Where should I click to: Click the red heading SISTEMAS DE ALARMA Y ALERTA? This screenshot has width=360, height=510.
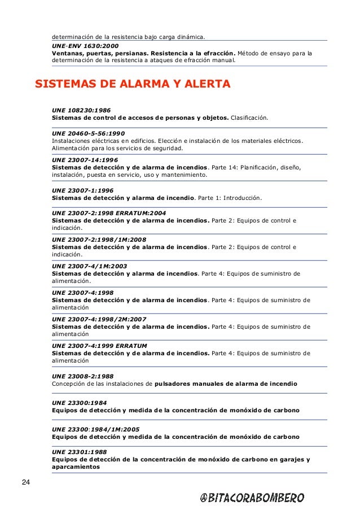(x=133, y=85)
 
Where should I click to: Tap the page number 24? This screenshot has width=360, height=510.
(x=26, y=482)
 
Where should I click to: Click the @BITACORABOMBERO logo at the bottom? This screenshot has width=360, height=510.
(x=252, y=497)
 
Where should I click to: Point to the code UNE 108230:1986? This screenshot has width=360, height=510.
(x=81, y=111)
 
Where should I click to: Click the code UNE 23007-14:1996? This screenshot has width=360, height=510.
(x=85, y=160)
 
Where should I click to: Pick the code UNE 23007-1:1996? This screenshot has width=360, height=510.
(x=82, y=190)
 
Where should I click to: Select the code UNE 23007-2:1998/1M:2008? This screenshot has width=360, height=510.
(x=99, y=239)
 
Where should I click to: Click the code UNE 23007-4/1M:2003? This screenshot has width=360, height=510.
(x=90, y=266)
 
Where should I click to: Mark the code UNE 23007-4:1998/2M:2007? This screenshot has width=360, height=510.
(x=99, y=319)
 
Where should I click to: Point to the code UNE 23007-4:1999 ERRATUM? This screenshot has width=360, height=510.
(x=98, y=345)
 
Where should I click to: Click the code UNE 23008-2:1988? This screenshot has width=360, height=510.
(x=82, y=376)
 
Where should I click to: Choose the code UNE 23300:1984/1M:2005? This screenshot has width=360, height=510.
(x=96, y=429)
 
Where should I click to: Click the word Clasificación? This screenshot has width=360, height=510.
(x=250, y=119)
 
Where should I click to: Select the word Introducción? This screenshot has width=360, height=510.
(x=241, y=198)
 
